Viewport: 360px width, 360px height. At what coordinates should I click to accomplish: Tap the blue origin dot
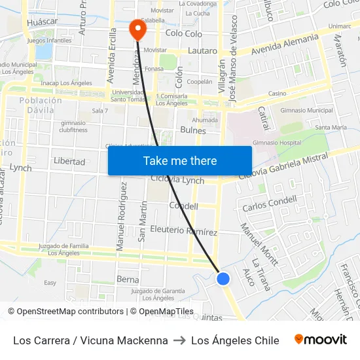(x=223, y=279)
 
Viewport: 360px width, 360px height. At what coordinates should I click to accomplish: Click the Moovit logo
(x=321, y=340)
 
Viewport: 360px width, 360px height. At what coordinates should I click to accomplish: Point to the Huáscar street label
(x=43, y=22)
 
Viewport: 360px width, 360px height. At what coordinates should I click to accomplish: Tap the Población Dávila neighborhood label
(x=41, y=105)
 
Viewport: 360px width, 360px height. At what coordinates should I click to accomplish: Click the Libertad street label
(x=69, y=161)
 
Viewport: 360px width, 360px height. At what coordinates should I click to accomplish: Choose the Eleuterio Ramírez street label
(x=183, y=231)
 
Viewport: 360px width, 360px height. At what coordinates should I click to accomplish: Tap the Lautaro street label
(x=202, y=50)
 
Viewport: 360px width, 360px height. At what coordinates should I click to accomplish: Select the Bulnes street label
(x=192, y=131)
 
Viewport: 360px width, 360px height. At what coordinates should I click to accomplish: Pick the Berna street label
(x=128, y=279)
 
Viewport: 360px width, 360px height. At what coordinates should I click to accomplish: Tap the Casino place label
(x=277, y=94)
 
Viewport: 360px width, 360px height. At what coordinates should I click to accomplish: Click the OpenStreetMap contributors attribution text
(x=65, y=312)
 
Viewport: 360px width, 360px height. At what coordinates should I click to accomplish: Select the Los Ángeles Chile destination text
(x=235, y=340)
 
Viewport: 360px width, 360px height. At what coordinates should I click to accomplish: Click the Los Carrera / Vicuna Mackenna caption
(x=90, y=340)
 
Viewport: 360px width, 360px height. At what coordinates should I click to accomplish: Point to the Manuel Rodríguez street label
(x=121, y=217)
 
